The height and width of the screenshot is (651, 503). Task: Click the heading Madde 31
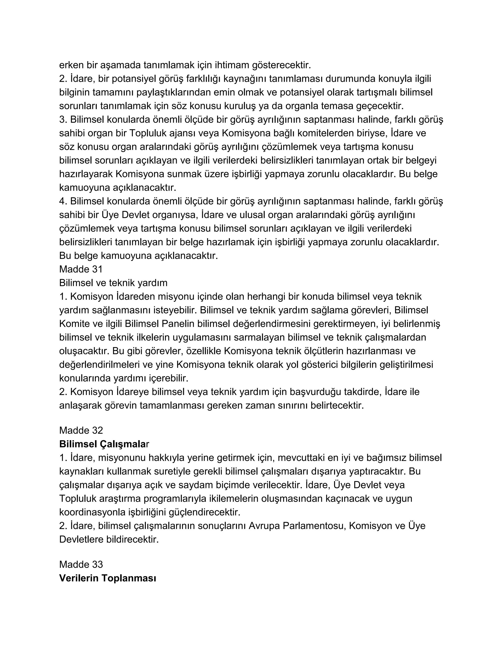[x=81, y=269]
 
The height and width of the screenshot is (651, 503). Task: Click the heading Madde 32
[x=81, y=430]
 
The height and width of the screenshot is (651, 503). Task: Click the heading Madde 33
[x=81, y=564]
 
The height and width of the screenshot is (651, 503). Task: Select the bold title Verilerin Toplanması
[x=108, y=578]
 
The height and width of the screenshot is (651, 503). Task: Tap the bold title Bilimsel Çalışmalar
[x=104, y=444]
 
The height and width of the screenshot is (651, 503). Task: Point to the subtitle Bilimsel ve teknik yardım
[x=113, y=283]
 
